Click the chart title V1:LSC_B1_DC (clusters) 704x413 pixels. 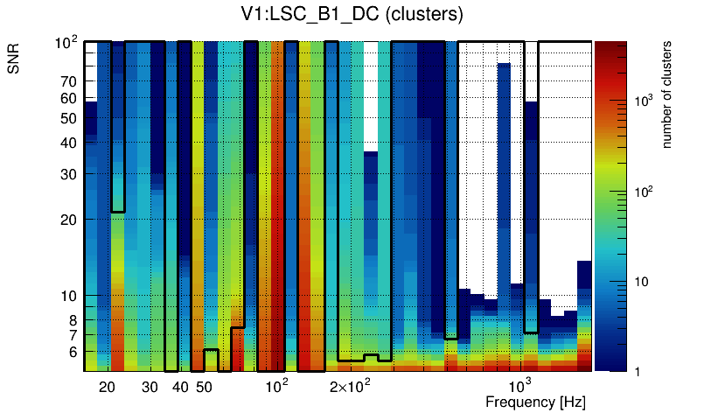click(x=352, y=15)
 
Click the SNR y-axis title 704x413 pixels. click(x=15, y=61)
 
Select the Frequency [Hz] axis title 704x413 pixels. click(x=535, y=402)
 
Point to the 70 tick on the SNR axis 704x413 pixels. click(x=68, y=81)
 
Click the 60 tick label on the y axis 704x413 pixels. click(x=68, y=98)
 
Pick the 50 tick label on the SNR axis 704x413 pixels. click(x=68, y=118)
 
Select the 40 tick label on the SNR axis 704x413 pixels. click(x=68, y=143)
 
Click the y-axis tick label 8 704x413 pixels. click(x=72, y=319)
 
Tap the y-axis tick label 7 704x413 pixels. click(x=72, y=334)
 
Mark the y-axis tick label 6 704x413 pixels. click(x=72, y=352)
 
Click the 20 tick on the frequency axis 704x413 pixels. click(x=108, y=387)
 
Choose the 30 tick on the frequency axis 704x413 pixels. click(x=150, y=387)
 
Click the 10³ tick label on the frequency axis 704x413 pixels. click(x=519, y=386)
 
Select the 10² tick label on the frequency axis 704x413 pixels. click(x=276, y=386)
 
